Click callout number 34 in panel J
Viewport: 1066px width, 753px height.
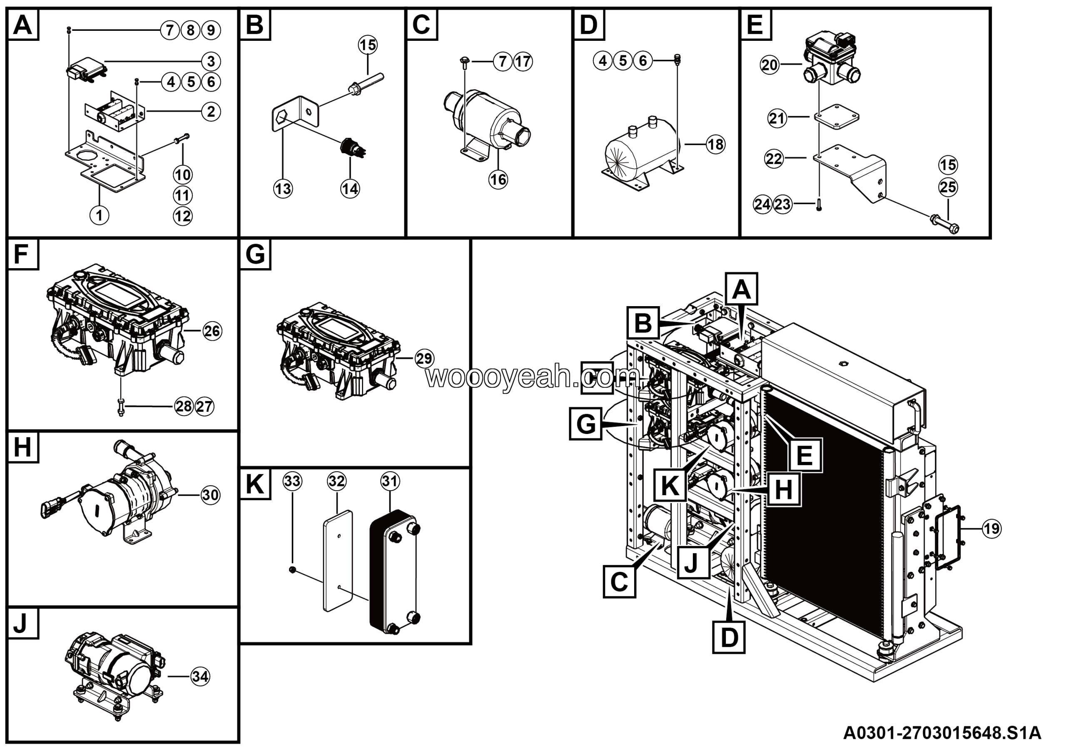coord(200,676)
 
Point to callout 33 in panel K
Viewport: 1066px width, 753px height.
coord(292,481)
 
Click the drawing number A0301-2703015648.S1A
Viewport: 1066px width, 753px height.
coord(942,733)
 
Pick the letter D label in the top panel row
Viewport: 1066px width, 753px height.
coord(588,25)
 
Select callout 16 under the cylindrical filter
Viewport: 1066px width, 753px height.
coord(498,179)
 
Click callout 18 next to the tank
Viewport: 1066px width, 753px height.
coord(715,145)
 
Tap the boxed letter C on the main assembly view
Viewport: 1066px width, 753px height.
coord(619,581)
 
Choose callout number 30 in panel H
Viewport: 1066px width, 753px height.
coord(210,495)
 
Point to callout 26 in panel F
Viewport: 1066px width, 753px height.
coord(212,331)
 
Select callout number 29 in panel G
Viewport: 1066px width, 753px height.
coord(424,359)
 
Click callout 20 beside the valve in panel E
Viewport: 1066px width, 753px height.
coord(770,65)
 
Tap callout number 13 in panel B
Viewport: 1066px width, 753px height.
coord(283,189)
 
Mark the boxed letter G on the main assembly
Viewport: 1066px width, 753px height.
coord(585,424)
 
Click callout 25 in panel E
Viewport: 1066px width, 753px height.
coord(948,187)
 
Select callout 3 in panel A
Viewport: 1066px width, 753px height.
coord(211,61)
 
